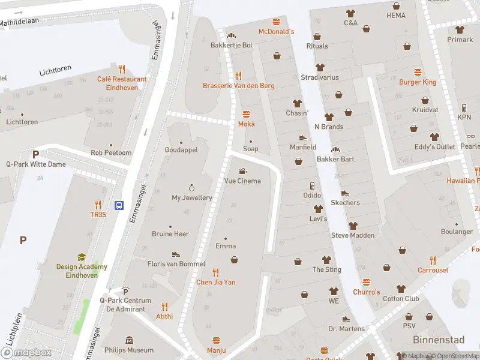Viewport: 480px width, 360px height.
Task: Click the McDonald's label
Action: pyautogui.click(x=276, y=31)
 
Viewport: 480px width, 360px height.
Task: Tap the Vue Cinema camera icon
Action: pyautogui.click(x=242, y=171)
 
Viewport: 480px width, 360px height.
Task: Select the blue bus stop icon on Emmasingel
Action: pyautogui.click(x=119, y=205)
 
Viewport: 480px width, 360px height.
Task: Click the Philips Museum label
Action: pyautogui.click(x=129, y=350)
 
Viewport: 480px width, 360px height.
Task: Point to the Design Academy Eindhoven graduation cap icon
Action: pyautogui.click(x=82, y=257)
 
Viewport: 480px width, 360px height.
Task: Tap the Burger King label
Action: pyautogui.click(x=418, y=82)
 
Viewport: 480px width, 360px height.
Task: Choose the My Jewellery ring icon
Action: pyautogui.click(x=192, y=188)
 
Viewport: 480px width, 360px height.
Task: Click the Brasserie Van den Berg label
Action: pyautogui.click(x=238, y=86)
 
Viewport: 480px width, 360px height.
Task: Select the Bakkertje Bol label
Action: pyautogui.click(x=231, y=45)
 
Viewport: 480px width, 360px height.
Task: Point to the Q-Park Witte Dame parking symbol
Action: pyautogui.click(x=35, y=154)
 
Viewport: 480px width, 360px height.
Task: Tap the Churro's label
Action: pyautogui.click(x=366, y=292)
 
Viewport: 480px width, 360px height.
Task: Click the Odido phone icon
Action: pyautogui.click(x=311, y=185)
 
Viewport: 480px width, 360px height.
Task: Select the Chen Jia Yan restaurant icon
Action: pyautogui.click(x=216, y=272)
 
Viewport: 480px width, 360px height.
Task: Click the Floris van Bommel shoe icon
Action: pyautogui.click(x=176, y=254)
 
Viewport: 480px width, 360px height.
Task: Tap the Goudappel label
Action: pyautogui.click(x=181, y=150)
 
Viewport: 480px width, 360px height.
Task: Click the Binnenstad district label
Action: pyautogui.click(x=439, y=340)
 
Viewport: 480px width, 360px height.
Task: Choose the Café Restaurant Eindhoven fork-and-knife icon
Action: pyautogui.click(x=122, y=69)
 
